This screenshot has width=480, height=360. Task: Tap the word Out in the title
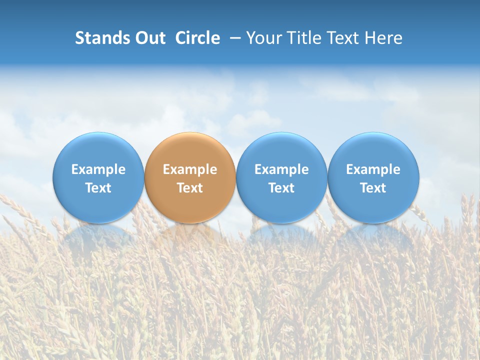click(148, 38)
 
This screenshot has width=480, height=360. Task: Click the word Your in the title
click(263, 38)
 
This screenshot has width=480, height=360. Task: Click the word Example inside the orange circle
click(190, 169)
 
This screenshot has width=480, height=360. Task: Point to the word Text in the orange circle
click(190, 188)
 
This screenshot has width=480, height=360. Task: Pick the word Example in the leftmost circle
click(98, 169)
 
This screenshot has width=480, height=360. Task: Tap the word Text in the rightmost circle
click(373, 188)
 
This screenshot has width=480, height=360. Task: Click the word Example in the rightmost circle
click(373, 169)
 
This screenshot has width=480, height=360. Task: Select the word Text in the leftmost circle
click(98, 188)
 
